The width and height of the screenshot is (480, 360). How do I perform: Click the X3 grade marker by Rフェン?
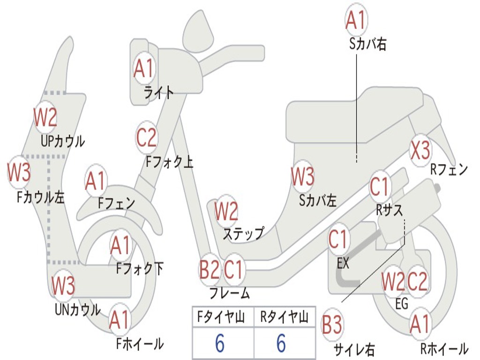[x=420, y=150]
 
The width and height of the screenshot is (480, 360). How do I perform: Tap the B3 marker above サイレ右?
[x=332, y=325]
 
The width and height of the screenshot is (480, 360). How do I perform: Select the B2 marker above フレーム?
[x=209, y=270]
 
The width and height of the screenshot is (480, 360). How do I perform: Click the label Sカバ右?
[x=367, y=45]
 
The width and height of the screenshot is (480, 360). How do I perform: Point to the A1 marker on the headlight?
[x=143, y=68]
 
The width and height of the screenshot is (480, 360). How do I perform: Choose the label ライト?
[x=159, y=92]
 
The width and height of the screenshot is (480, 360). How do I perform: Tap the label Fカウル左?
[x=40, y=197]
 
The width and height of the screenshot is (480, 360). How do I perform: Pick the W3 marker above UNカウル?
[x=63, y=285]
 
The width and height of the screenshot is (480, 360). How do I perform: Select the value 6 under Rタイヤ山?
[x=281, y=344]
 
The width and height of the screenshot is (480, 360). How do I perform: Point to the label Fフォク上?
[x=169, y=162]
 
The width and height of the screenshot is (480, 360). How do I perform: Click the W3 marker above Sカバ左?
[x=302, y=177]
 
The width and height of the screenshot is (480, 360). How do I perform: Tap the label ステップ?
[x=243, y=233]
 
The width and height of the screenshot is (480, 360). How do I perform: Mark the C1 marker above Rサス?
[x=380, y=187]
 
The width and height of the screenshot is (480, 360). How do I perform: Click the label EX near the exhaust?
[x=343, y=263]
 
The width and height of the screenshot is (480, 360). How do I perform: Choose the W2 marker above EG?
[x=393, y=282]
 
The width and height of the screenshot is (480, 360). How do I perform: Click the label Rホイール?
[x=444, y=349]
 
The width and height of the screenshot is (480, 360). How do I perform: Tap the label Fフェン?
[x=116, y=203]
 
